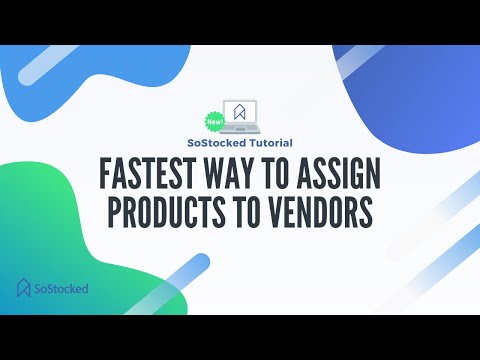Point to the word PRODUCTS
(173, 214)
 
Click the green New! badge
(213, 121)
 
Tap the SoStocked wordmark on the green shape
(61, 289)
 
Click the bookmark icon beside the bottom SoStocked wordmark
(24, 288)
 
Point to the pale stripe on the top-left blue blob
(57, 61)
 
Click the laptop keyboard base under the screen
(241, 131)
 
